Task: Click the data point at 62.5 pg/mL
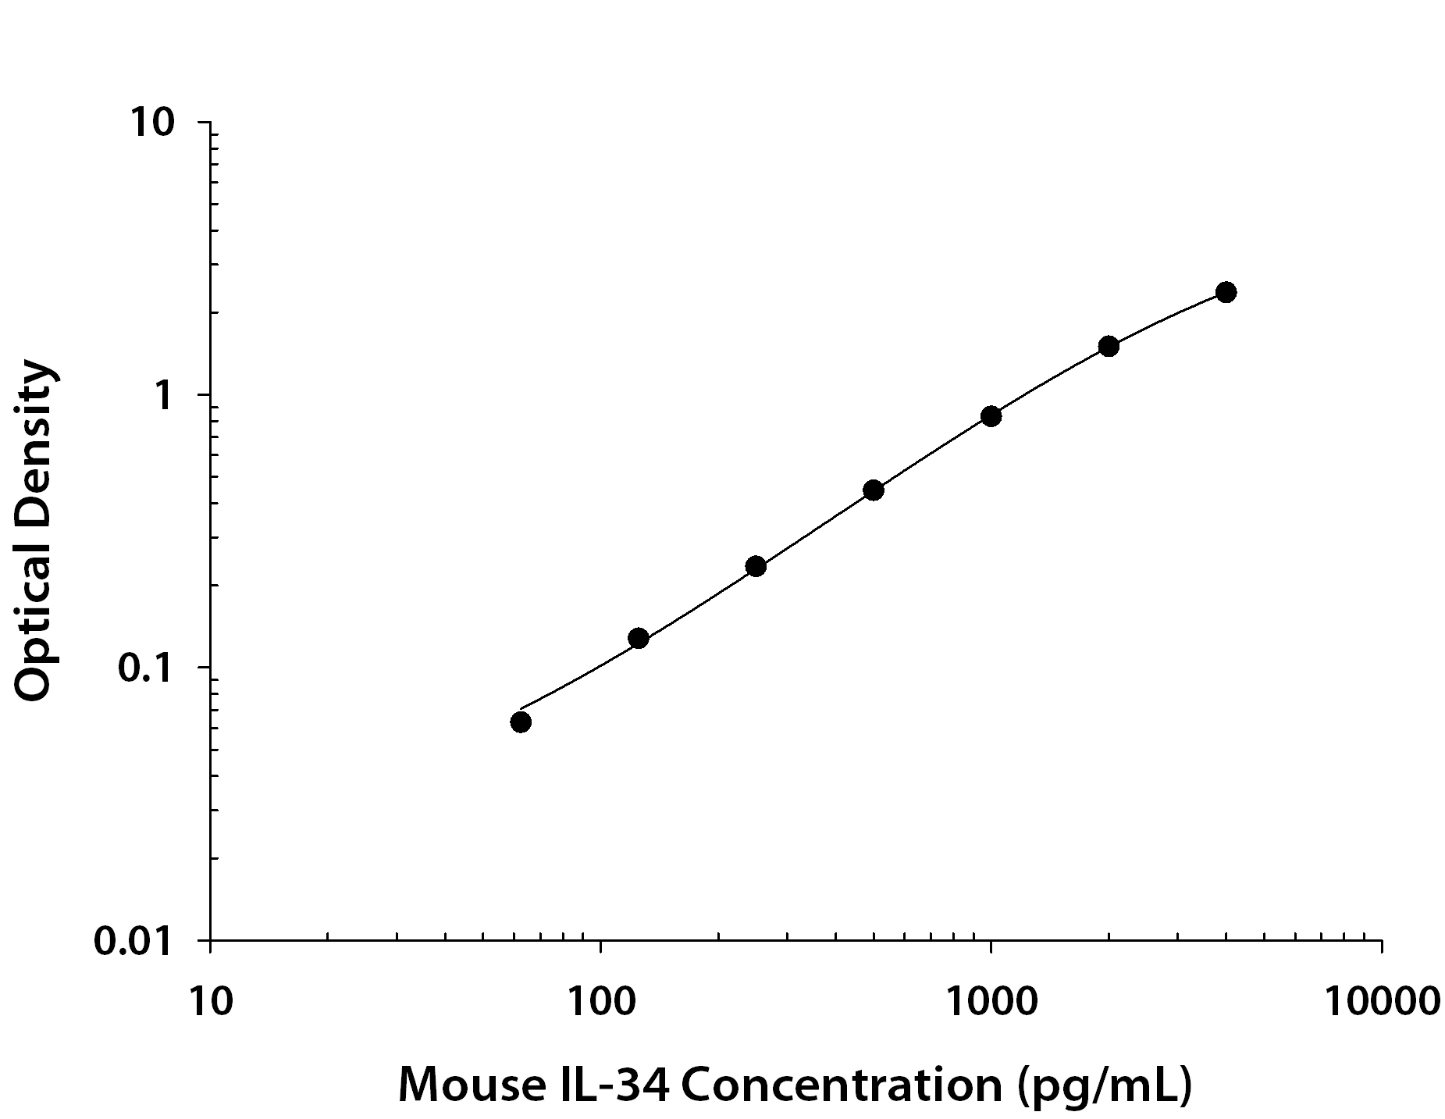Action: point(521,722)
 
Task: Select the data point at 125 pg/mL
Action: point(639,638)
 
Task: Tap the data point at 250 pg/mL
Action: point(756,566)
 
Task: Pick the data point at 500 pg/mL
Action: point(874,490)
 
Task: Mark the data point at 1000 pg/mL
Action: point(991,416)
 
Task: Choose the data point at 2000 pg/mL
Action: point(1109,346)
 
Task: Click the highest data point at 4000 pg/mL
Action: point(1226,293)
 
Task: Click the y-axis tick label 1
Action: point(164,396)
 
